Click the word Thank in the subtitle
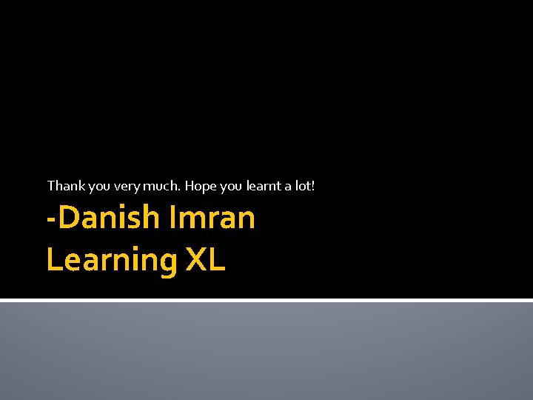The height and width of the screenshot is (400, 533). pos(63,186)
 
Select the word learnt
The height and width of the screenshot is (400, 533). pos(264,186)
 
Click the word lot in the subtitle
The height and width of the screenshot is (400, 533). pos(304,186)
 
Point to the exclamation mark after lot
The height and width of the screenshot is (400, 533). pos(314,186)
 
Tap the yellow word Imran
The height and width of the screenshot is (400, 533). pos(212,218)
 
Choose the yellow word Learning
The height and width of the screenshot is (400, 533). pos(112,261)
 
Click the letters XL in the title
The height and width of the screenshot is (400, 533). pos(205,260)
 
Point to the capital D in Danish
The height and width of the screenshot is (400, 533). pos(67,218)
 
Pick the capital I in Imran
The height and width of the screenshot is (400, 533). pos(173,218)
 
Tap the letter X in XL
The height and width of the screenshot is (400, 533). pos(196,260)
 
